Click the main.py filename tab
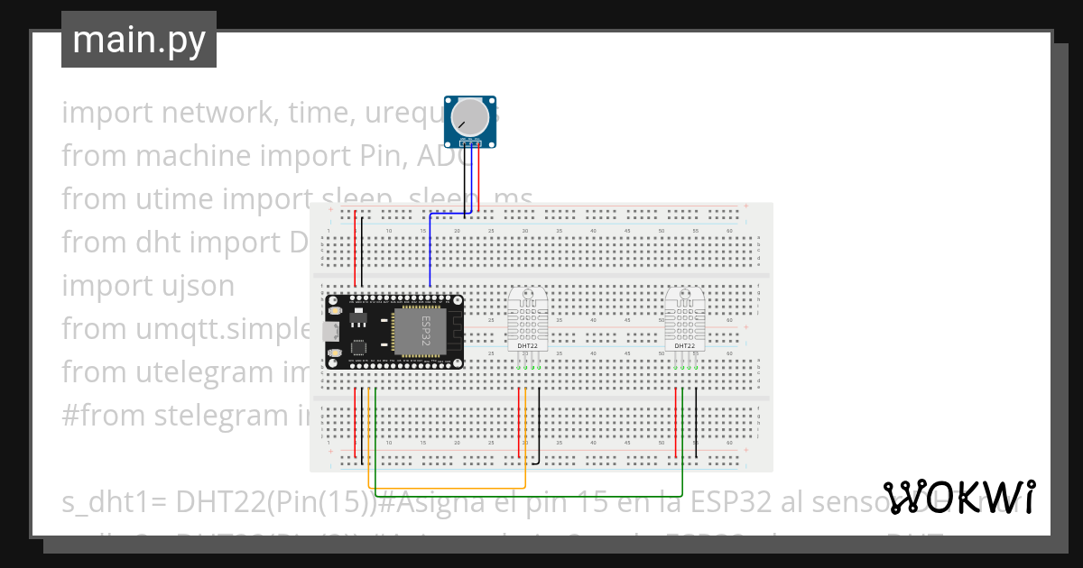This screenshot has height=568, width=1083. coord(138,40)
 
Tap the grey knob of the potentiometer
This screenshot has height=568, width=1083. coord(470,117)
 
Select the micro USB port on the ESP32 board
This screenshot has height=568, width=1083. coord(331,331)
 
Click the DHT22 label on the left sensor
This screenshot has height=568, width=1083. coord(528,345)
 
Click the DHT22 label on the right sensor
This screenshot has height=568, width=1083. coord(685,345)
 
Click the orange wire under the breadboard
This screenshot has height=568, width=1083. coord(451,488)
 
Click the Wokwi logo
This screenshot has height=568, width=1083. coord(959,497)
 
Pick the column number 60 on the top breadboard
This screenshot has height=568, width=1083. coord(729,231)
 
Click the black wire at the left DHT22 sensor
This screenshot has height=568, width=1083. coord(539,424)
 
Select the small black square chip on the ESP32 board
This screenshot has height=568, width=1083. coord(358,346)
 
